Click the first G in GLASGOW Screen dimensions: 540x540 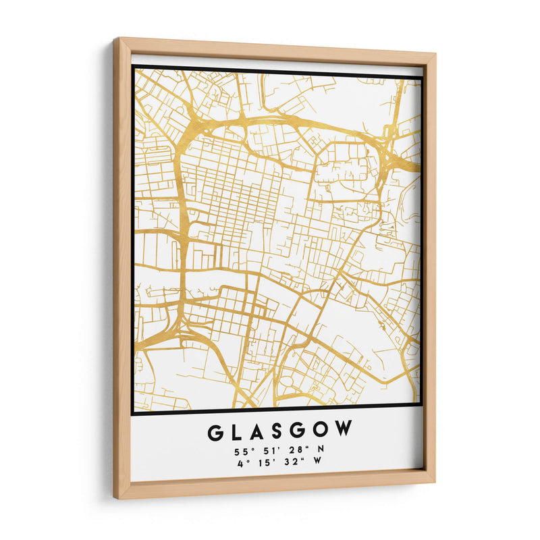click(216, 431)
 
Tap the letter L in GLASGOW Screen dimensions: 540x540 click(238, 431)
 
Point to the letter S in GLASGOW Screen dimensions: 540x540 click(280, 430)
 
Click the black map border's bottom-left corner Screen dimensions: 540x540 click(134, 411)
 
